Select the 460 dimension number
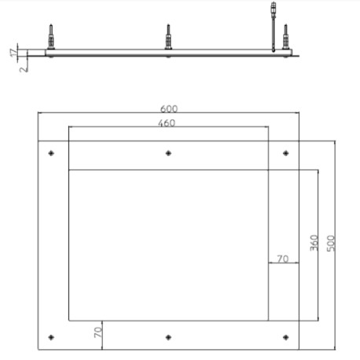(167, 123)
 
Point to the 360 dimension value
(313, 243)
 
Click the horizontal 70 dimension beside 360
(283, 258)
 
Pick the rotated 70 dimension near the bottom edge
(98, 332)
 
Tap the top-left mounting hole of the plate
(52, 152)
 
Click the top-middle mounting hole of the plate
(167, 152)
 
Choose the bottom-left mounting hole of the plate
(52, 337)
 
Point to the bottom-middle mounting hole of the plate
(167, 337)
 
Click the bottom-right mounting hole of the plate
(284, 337)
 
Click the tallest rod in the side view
(273, 24)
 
